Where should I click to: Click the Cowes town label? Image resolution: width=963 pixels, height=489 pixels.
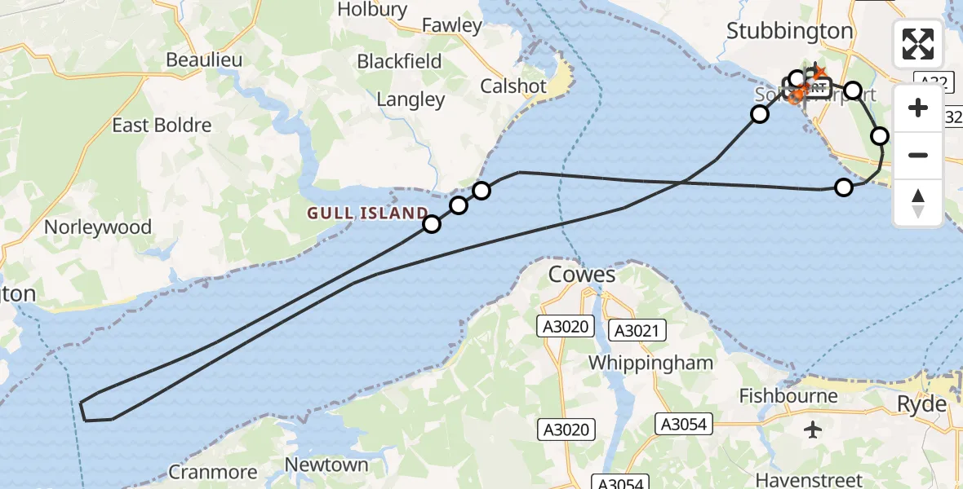[582, 274]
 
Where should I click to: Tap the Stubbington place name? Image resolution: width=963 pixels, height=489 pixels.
[789, 31]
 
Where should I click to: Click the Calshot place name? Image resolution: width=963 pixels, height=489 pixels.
[513, 86]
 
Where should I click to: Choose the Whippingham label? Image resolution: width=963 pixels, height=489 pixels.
[650, 363]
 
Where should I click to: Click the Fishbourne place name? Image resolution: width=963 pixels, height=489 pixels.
[788, 396]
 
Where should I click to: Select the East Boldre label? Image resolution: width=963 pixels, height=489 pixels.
[162, 126]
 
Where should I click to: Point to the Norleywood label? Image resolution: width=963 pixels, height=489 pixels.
[98, 227]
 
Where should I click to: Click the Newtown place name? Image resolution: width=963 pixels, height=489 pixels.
[326, 465]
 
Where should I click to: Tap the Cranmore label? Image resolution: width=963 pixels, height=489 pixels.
[212, 472]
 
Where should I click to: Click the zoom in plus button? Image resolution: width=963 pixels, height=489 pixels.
[918, 108]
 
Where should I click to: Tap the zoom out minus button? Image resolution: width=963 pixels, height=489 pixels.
[918, 155]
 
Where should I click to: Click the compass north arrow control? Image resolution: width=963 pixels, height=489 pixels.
[918, 203]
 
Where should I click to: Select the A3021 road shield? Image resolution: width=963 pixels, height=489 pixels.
[638, 330]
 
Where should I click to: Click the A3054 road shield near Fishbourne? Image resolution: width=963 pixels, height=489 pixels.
[682, 424]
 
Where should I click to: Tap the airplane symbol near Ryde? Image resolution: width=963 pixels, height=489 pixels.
[814, 429]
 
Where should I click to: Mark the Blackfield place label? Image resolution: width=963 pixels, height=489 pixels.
[400, 61]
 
